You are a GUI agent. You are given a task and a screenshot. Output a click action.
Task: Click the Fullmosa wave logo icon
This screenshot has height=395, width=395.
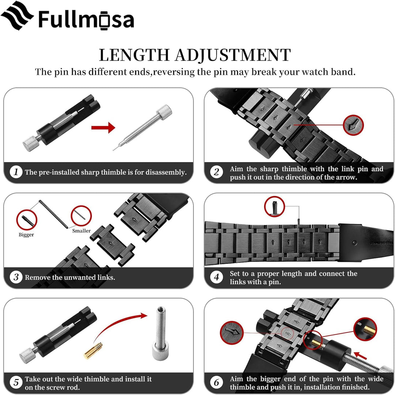point(17,16)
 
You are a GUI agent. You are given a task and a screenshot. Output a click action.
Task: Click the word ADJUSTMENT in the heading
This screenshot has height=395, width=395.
point(233,55)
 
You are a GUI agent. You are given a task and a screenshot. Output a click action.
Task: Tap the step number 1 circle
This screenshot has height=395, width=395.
point(16,172)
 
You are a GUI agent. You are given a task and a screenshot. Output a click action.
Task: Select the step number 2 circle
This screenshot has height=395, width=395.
point(217,172)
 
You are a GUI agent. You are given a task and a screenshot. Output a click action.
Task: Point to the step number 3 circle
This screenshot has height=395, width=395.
point(16,277)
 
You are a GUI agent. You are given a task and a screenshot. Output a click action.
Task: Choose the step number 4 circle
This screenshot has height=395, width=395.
point(217,277)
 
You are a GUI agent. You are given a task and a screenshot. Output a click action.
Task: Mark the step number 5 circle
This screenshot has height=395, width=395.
point(16,382)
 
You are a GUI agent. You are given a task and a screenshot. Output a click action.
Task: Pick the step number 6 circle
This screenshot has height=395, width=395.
point(217,382)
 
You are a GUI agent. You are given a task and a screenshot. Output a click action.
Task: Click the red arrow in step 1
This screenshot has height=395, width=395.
point(103,127)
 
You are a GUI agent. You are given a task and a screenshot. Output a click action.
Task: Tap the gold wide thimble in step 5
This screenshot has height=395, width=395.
point(93,350)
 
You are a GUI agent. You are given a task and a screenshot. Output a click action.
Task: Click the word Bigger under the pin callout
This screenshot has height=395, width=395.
point(26,235)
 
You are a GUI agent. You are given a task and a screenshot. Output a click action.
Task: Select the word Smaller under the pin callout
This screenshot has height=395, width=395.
point(81,231)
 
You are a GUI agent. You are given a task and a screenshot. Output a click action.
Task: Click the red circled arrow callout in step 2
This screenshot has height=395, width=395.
point(353,125)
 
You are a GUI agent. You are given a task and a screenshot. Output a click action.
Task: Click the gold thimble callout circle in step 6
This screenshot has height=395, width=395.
point(365,329)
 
